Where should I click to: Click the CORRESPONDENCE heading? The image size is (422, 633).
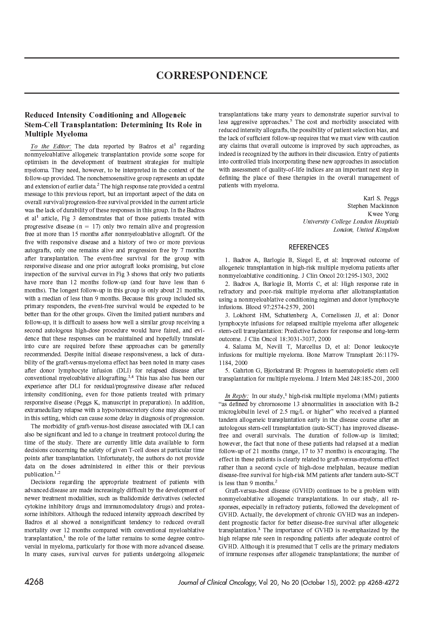[x=212, y=75]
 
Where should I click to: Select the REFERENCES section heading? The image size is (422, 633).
[x=308, y=247]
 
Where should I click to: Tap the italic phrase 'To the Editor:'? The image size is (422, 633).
[x=51, y=146]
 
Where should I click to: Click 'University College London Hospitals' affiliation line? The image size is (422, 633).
[x=351, y=221]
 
